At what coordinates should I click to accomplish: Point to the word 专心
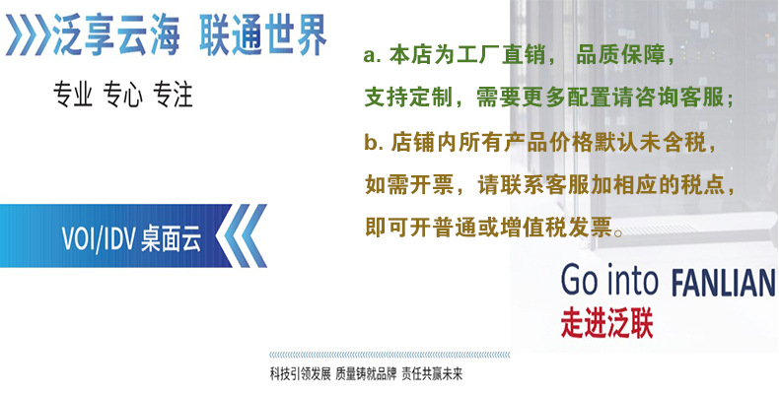tap(122, 96)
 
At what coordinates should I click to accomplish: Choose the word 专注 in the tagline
tap(173, 96)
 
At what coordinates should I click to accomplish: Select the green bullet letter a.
tap(371, 57)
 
